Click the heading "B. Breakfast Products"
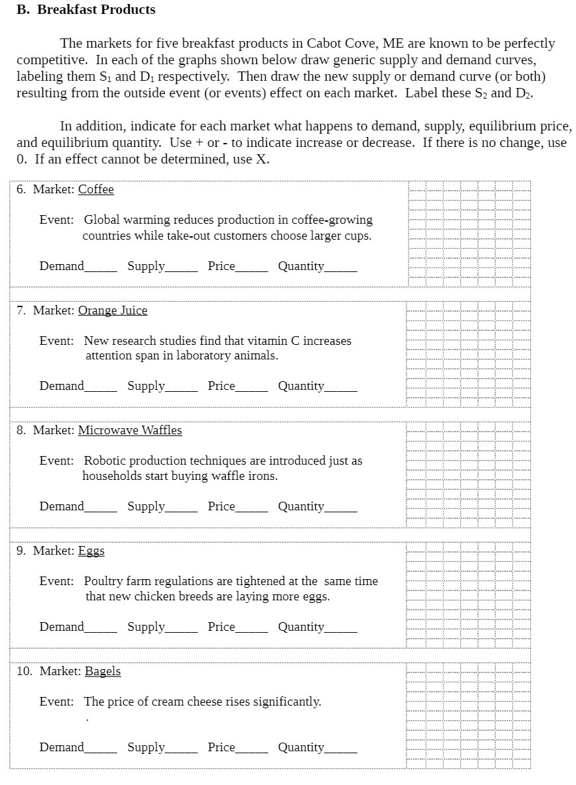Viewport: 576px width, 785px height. coord(86,10)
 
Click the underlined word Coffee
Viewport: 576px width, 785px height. coord(96,189)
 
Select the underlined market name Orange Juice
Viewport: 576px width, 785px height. coord(113,310)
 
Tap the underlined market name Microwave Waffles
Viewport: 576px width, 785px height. coord(130,430)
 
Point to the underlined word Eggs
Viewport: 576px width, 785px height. coord(91,551)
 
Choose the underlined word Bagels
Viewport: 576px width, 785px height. coord(103,671)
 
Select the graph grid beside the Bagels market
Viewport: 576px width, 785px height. coord(469,716)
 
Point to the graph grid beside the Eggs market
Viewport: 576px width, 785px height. coord(469,596)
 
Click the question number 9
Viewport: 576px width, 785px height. coord(21,551)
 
